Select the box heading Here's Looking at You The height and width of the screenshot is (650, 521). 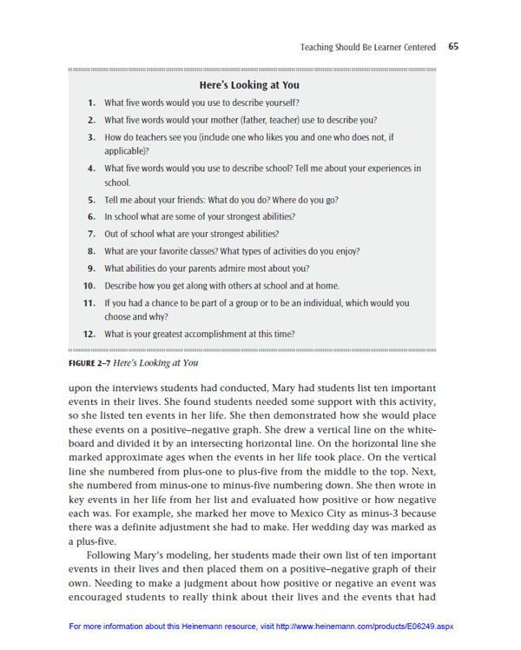coord(249,85)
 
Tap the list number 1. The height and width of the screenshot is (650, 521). coord(91,103)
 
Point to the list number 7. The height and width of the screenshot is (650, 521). coord(91,234)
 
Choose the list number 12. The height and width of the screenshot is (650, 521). coord(89,334)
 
